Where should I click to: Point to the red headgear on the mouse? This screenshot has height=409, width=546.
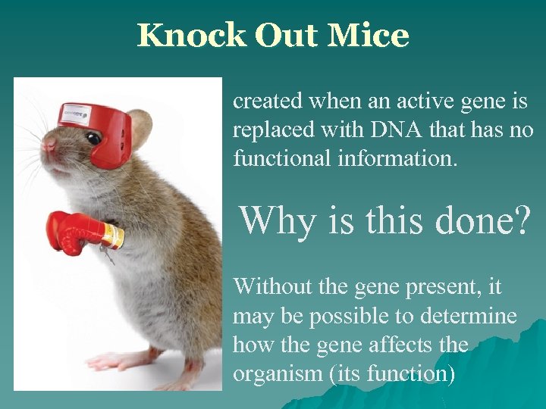point(106,133)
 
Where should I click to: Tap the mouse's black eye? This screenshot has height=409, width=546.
point(94,139)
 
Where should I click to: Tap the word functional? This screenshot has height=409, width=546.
point(278,159)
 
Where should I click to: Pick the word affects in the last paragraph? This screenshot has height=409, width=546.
point(405,345)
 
